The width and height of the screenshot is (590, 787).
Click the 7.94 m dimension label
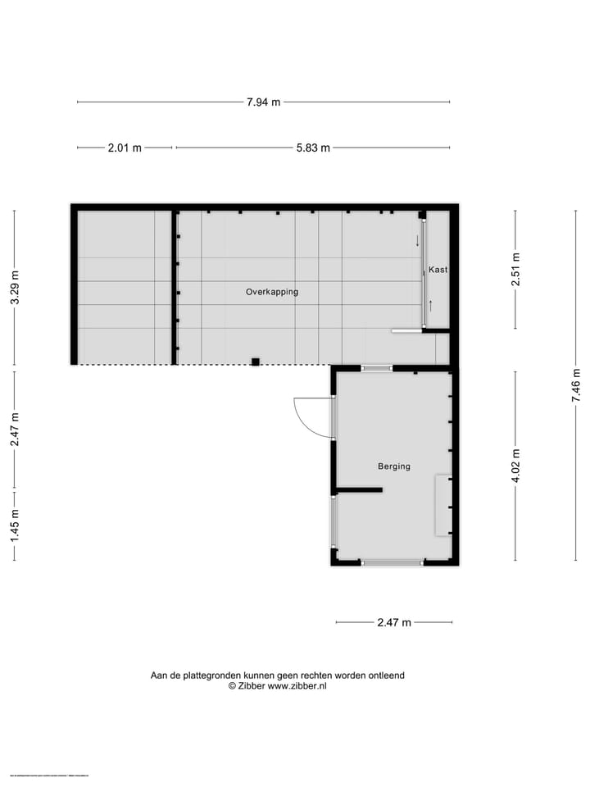click(263, 102)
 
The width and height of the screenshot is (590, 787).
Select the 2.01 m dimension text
click(125, 148)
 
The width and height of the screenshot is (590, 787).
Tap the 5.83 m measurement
click(313, 148)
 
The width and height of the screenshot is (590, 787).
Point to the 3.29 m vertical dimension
click(15, 288)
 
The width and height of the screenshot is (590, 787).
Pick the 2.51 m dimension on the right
click(515, 269)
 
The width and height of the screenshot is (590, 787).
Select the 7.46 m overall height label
click(576, 384)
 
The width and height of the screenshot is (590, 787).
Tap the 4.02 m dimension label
click(515, 466)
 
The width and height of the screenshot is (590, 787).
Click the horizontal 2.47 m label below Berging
click(394, 623)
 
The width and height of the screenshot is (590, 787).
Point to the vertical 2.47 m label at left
click(15, 430)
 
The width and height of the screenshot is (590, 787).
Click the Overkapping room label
click(272, 292)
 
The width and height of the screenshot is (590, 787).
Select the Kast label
click(438, 270)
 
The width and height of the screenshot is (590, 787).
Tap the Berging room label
click(394, 466)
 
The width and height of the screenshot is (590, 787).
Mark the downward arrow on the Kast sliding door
click(417, 241)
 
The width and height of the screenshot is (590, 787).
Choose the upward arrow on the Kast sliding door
click(430, 307)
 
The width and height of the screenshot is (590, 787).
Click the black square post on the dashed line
click(256, 362)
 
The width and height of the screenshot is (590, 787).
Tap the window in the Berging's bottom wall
click(393, 562)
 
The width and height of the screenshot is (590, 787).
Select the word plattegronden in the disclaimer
click(208, 676)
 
